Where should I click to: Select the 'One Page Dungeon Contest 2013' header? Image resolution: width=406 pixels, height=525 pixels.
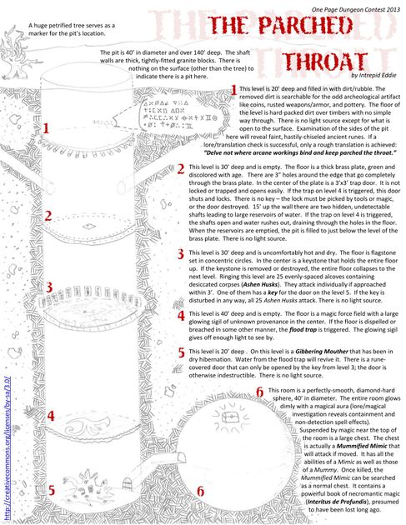(349, 7)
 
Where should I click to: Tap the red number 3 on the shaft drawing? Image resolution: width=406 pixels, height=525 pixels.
(49, 287)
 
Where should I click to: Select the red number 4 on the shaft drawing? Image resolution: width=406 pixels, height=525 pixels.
(51, 415)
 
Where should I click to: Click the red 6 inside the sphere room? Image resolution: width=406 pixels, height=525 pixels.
(201, 492)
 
